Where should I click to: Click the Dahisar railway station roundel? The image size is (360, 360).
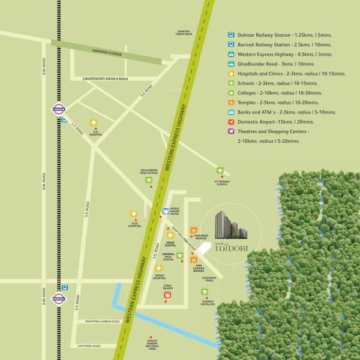58,109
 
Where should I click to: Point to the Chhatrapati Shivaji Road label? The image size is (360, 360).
105,79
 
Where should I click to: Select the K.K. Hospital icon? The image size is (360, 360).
94,123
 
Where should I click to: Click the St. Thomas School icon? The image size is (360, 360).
221,171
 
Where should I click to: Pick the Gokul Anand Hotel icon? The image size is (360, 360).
166,211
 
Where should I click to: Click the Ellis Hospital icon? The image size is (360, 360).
134,214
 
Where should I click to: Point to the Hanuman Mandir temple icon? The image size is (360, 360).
194,229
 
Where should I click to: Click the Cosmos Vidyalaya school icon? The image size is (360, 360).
205,292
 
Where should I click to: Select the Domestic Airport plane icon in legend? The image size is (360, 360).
230,122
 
